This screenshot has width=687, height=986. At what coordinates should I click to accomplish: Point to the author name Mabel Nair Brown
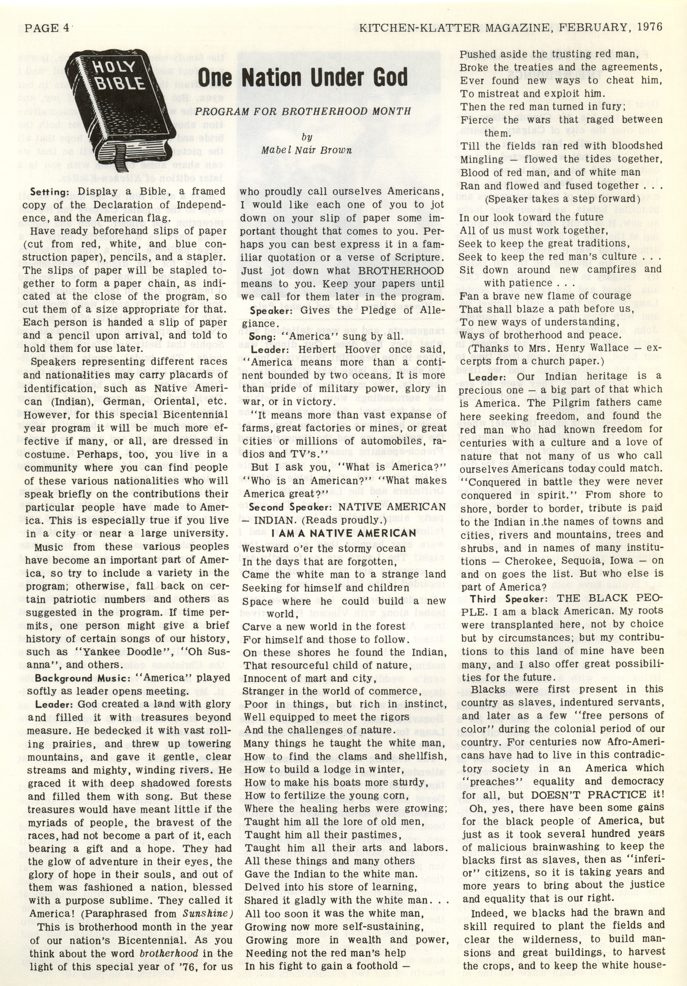point(307,150)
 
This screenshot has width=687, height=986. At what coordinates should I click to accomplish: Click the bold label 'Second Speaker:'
point(291,507)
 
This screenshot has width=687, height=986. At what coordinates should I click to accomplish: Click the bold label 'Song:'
point(262,337)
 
